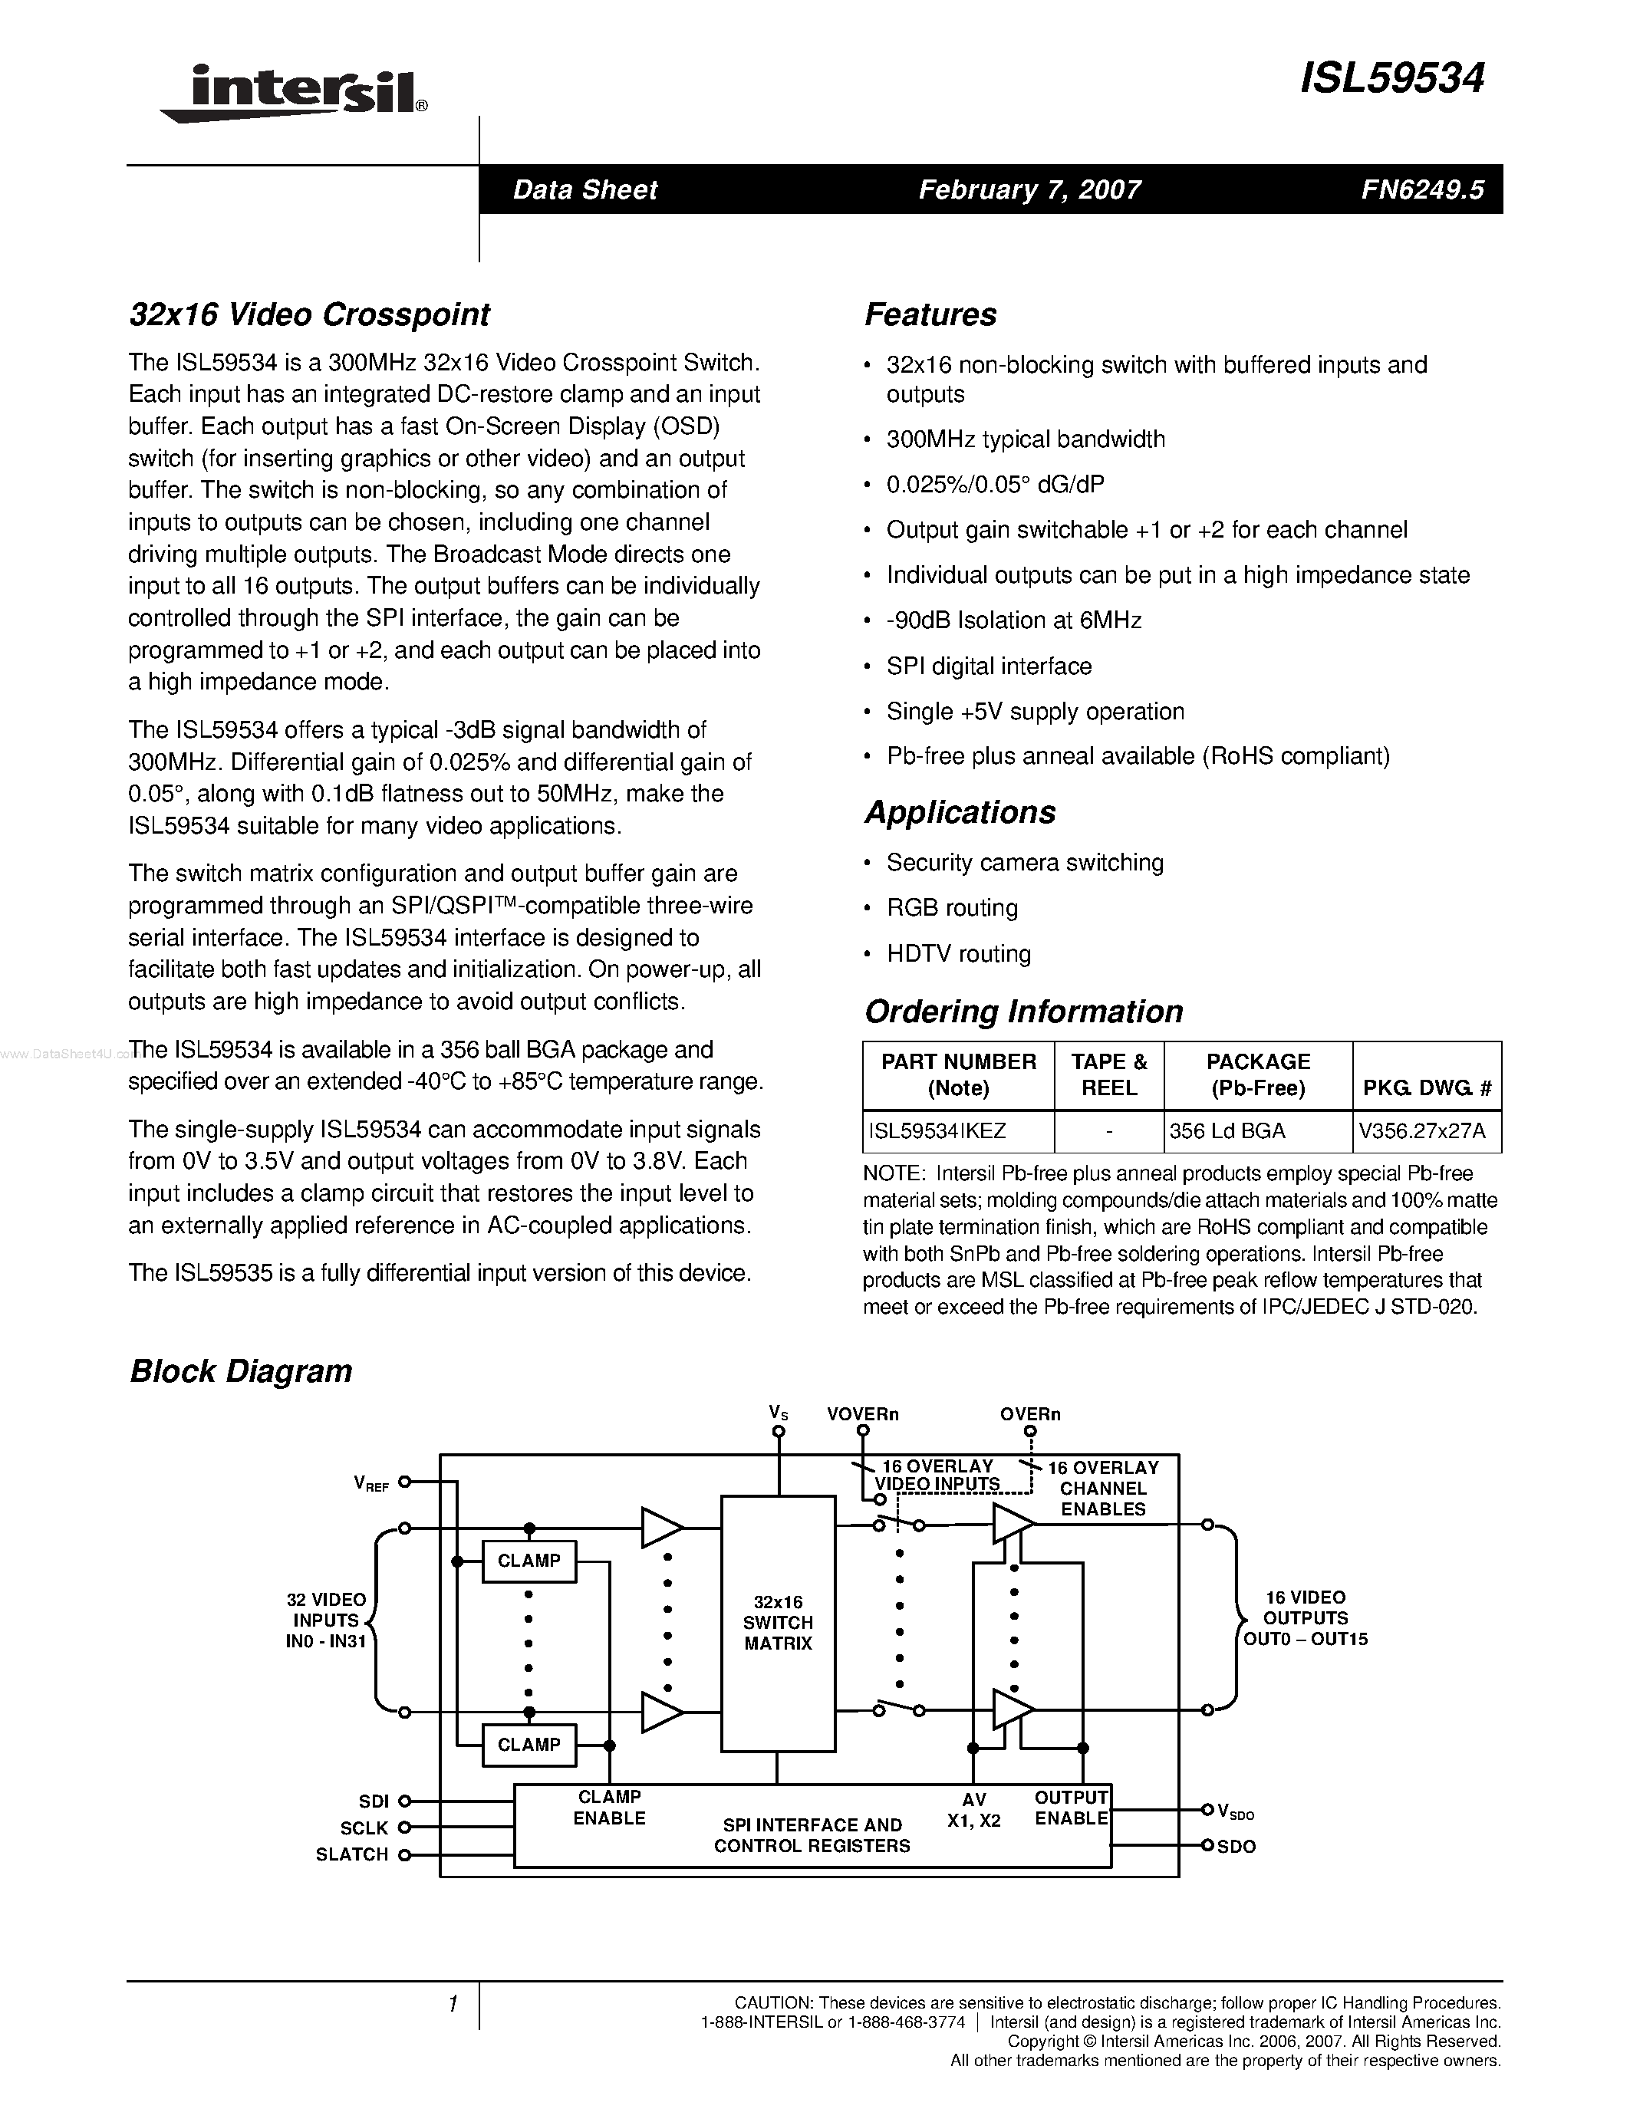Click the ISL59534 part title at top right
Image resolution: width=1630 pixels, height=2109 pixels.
1391,78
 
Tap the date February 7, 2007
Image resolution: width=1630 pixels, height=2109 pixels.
1029,189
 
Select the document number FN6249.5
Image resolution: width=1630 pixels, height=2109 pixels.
1422,189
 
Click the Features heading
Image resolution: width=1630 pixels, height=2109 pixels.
930,314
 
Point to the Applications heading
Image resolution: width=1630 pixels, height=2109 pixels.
960,812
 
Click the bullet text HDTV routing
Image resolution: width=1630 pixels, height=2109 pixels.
958,954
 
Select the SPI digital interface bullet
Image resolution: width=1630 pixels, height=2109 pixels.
989,666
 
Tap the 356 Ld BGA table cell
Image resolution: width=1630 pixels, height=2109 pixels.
1227,1130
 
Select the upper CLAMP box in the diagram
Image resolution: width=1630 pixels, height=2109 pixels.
529,1561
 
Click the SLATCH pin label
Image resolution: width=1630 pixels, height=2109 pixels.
351,1854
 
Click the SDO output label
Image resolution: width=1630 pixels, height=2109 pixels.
1236,1847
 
